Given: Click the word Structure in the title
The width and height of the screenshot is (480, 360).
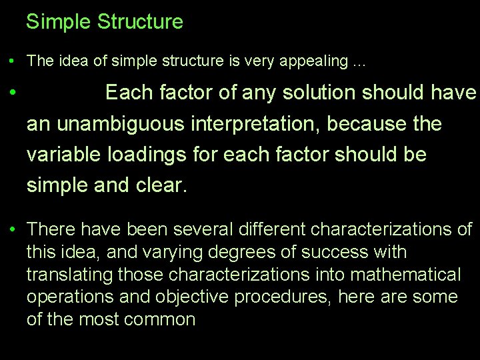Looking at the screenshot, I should pyautogui.click(x=140, y=22).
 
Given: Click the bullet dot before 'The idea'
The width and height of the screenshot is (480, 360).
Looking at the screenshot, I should pyautogui.click(x=13, y=61).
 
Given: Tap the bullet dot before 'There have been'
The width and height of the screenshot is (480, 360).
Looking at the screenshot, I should pyautogui.click(x=13, y=230).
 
